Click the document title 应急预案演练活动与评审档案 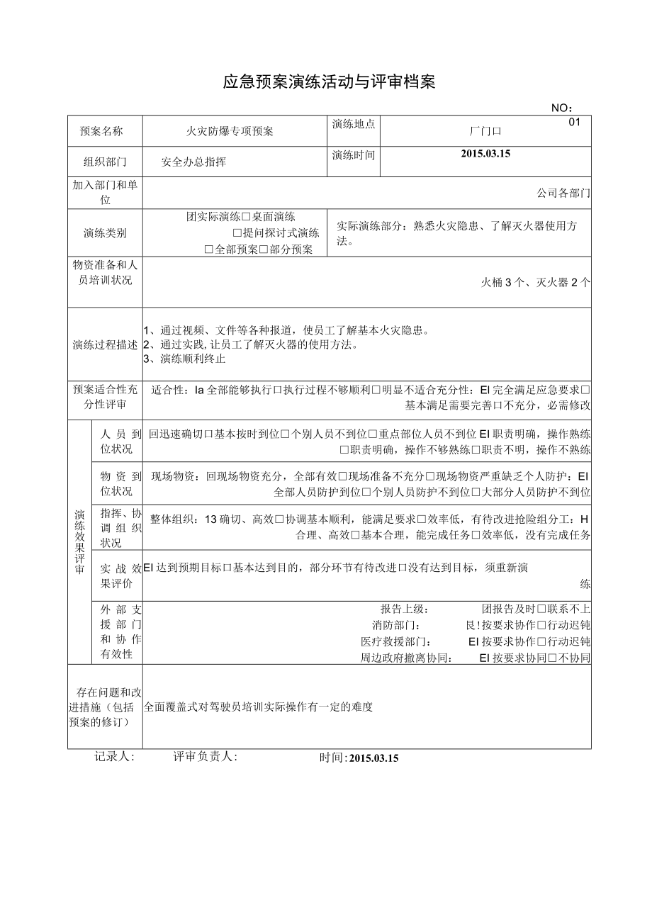tap(329, 82)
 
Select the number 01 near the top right tap(575, 122)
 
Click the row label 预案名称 tap(101, 131)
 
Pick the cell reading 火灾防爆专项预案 tap(230, 131)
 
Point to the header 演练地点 tap(353, 124)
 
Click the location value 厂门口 tap(485, 131)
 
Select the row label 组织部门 tap(105, 162)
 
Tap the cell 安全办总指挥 tap(193, 162)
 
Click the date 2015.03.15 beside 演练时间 tap(485, 153)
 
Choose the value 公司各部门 tap(563, 192)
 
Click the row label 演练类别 tap(105, 233)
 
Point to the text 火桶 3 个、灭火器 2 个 tap(536, 282)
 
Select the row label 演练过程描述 tap(105, 345)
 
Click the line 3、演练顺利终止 tap(184, 359)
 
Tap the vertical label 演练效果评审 tap(79, 542)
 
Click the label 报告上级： tap(405, 609)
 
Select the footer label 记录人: tap(114, 757)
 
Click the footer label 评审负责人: tap(206, 757)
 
